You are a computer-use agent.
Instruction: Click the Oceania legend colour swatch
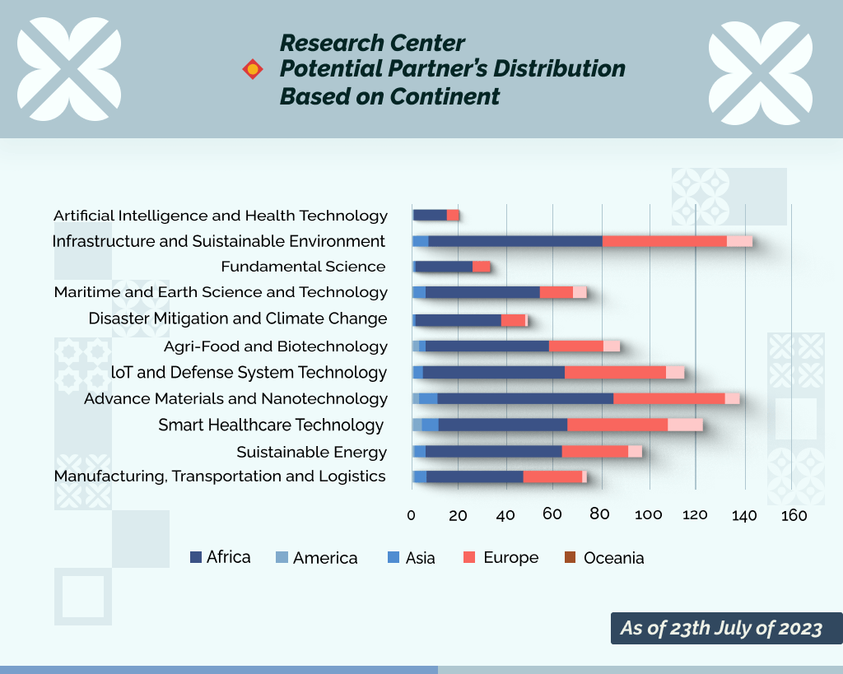(570, 557)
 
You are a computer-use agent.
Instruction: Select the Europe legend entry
(501, 557)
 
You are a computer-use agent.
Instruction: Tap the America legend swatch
(282, 557)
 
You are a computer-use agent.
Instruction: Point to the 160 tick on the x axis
(794, 515)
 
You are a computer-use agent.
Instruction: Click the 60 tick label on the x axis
(552, 514)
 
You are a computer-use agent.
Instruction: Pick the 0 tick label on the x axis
(412, 515)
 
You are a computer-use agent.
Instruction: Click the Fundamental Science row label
(303, 267)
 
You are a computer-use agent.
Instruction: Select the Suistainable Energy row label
(312, 452)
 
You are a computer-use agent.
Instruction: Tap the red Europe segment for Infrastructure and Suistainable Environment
(664, 241)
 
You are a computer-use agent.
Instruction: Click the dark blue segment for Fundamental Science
(444, 267)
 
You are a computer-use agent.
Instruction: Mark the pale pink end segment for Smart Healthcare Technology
(686, 425)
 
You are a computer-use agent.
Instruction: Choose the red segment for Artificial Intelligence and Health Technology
(453, 215)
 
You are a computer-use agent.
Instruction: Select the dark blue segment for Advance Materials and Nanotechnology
(525, 398)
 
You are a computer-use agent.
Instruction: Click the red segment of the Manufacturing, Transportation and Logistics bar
(552, 476)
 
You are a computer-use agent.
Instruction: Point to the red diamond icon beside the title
(253, 69)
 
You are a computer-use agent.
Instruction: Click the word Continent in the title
(445, 97)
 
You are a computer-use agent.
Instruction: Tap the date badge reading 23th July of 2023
(726, 628)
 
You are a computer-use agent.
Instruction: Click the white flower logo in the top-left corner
(69, 69)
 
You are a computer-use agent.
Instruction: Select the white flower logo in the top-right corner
(760, 73)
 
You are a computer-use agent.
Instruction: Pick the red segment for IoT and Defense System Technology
(615, 373)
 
